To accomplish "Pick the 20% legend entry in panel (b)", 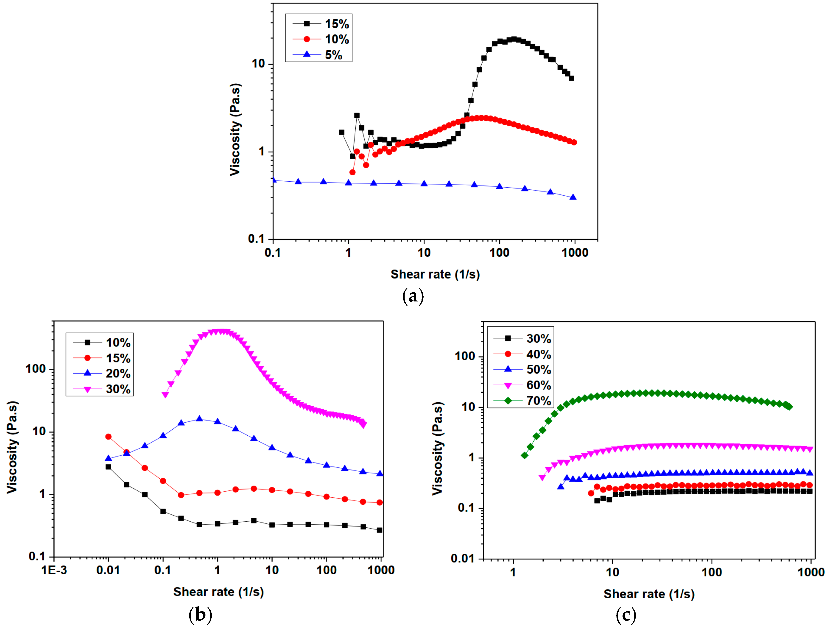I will [118, 374].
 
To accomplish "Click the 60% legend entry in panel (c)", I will [538, 385].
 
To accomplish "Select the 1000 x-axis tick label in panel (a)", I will [575, 253].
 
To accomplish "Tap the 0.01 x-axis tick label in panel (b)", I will [108, 570].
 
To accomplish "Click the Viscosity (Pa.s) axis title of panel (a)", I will [235, 129].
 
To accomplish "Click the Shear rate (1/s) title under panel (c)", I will [649, 594].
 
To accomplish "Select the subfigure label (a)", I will [413, 296].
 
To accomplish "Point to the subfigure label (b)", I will [200, 615].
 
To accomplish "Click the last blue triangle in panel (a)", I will [573, 197].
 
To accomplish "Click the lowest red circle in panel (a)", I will [352, 172].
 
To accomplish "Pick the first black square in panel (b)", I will [108, 467].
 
